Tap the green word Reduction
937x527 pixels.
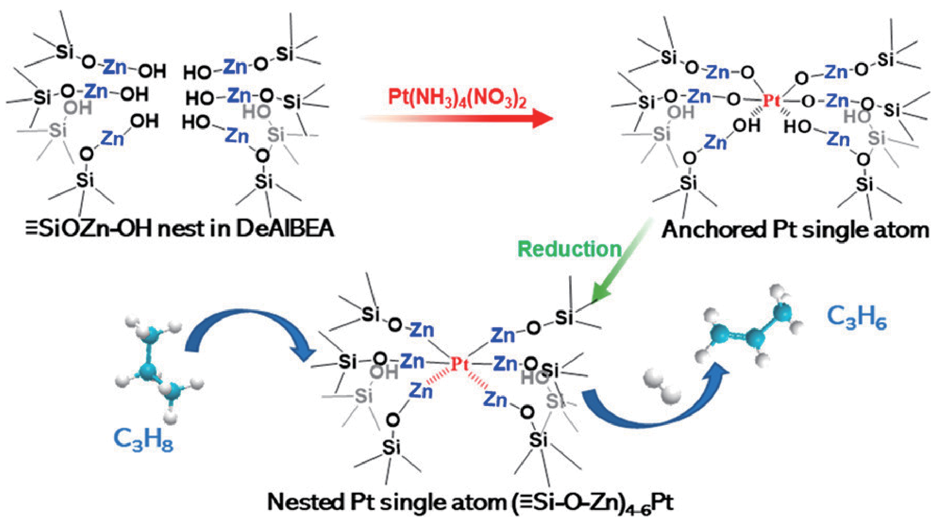(569, 248)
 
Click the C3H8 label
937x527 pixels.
(143, 439)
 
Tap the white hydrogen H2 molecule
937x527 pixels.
(662, 386)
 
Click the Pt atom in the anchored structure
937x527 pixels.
(771, 101)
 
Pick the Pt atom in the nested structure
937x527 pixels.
(460, 364)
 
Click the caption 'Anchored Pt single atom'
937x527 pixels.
(795, 230)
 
